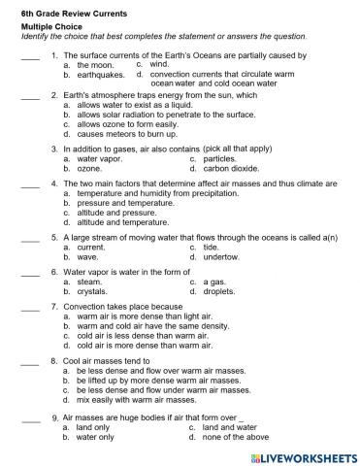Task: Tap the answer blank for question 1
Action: click(x=29, y=56)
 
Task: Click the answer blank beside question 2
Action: click(x=29, y=97)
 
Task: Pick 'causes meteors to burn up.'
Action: click(x=137, y=134)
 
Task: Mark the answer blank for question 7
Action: click(x=29, y=307)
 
